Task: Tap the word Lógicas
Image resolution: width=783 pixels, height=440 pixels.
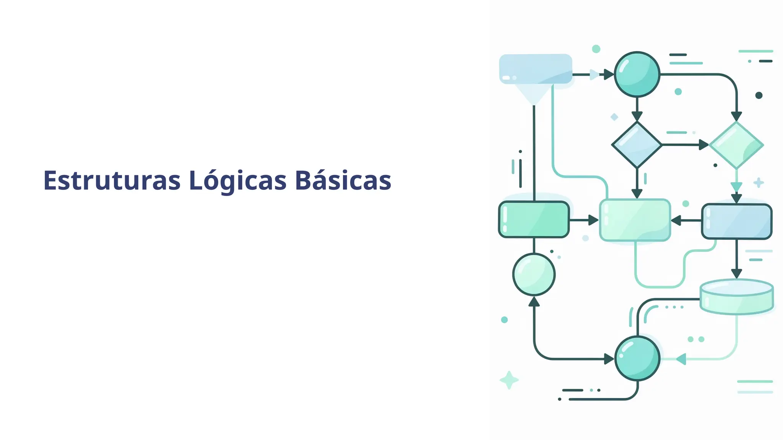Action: point(237,181)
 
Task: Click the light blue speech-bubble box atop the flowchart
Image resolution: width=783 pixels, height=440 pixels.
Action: point(535,69)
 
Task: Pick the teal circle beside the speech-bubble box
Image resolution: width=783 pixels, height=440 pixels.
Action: point(637,74)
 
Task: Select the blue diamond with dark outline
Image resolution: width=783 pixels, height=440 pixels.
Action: point(637,145)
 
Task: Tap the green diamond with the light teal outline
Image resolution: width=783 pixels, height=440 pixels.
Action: point(736,145)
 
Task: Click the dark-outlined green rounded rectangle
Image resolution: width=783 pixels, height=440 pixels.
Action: point(534,220)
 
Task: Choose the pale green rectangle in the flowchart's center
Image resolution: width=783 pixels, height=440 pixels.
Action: point(635,220)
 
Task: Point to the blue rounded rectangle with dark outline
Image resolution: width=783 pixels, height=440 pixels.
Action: point(737,222)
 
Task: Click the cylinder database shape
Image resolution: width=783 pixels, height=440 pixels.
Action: point(737,297)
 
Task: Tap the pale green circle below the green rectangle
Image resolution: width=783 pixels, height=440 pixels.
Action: point(534,274)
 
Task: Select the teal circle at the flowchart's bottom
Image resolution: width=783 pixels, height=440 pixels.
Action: point(637,358)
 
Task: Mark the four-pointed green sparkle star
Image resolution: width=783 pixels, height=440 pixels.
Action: point(509,380)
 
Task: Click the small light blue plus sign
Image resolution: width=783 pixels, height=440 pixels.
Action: point(759,183)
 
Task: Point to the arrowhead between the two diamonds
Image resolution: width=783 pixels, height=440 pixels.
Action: point(703,145)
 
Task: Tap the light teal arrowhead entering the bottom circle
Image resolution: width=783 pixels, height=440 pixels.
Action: point(681,359)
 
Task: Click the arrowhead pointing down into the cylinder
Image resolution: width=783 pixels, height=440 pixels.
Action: point(737,273)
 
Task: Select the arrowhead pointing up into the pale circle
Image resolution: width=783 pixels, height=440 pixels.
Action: point(534,302)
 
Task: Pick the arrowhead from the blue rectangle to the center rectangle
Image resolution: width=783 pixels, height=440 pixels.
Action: point(676,220)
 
